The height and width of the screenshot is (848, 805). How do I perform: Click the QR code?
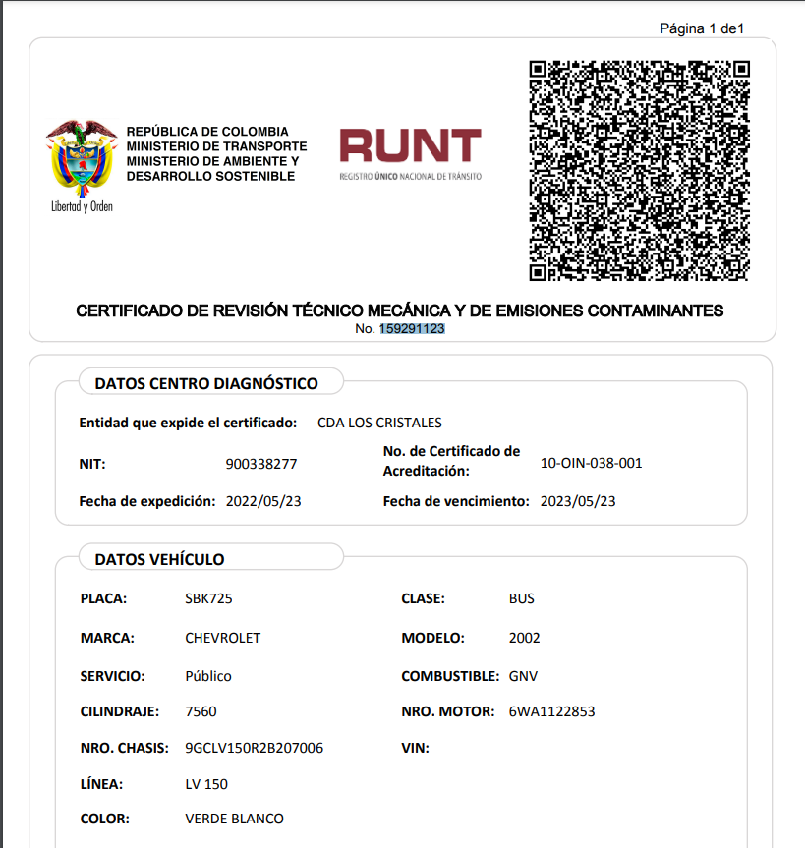[x=640, y=171]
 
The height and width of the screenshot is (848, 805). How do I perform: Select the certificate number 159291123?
[x=413, y=329]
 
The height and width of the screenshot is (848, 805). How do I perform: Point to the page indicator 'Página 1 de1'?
[x=702, y=28]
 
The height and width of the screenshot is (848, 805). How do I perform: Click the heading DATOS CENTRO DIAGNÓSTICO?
[x=206, y=383]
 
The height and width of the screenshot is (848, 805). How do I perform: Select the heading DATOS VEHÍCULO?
[x=159, y=559]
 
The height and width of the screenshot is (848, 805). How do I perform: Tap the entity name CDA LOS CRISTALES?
[x=379, y=423]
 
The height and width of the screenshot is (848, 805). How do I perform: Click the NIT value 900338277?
[x=261, y=464]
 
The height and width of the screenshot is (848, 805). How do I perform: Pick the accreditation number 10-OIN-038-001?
[x=592, y=463]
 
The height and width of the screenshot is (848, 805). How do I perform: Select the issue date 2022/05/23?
[x=263, y=501]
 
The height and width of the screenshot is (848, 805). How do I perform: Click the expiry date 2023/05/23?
[x=578, y=501]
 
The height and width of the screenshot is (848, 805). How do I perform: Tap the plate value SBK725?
[x=208, y=598]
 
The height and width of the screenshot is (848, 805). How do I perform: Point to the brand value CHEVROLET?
[x=223, y=638]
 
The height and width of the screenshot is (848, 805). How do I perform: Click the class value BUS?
[x=522, y=598]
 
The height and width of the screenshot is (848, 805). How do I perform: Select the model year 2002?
[x=525, y=638]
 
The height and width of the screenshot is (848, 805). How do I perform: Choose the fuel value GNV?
[x=523, y=676]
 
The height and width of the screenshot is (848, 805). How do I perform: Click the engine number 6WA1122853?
[x=551, y=711]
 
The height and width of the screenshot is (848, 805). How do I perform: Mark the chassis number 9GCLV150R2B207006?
[x=255, y=748]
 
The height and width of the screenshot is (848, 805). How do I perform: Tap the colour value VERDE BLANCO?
[x=234, y=819]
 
